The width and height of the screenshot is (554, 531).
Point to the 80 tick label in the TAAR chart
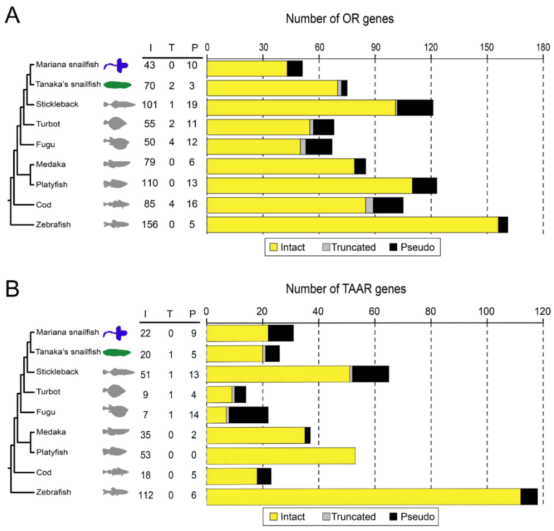tap(430, 311)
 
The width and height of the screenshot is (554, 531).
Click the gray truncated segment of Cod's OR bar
tap(369, 205)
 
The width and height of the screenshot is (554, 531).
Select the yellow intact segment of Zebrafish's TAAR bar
tap(363, 497)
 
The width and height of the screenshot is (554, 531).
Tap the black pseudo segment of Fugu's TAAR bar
tap(248, 415)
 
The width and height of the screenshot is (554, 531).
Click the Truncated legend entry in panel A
tap(349, 247)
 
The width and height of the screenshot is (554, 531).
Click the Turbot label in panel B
tap(48, 392)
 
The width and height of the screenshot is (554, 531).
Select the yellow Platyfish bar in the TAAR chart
tap(281, 456)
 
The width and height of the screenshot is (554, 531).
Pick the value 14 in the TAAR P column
tap(194, 415)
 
